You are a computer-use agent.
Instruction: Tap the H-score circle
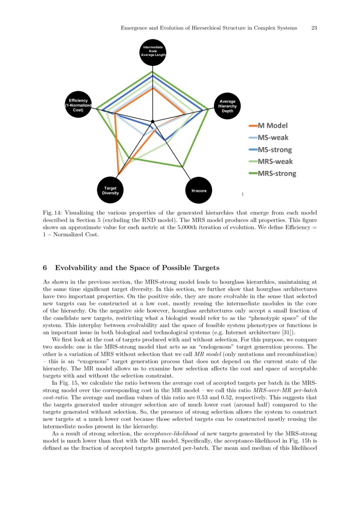199,190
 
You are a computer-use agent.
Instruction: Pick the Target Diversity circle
110,190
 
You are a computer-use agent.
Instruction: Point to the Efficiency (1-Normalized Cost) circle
78,104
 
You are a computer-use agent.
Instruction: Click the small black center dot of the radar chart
152,121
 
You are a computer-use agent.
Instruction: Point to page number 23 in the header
314,28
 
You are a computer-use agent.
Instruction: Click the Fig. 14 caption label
52,213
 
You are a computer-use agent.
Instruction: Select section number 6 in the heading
45,267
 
